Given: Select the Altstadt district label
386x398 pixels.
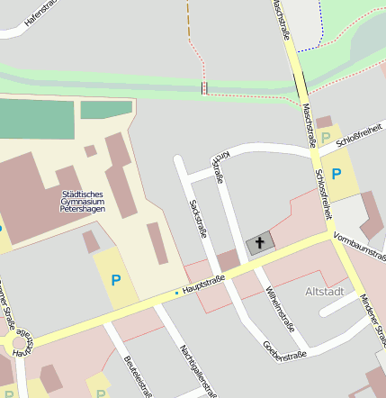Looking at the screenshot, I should coord(325,292).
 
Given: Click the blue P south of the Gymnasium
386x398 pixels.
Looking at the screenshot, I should coord(115,280).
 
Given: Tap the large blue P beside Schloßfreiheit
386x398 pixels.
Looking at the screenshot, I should coord(337,174).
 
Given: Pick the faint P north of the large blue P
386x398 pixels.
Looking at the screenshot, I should coord(325,139).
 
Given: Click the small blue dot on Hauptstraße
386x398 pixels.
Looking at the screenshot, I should coord(176,293).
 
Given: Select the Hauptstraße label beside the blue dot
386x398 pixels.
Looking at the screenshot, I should coord(203,285).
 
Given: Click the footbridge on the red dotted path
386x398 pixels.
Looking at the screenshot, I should coord(205,87).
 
